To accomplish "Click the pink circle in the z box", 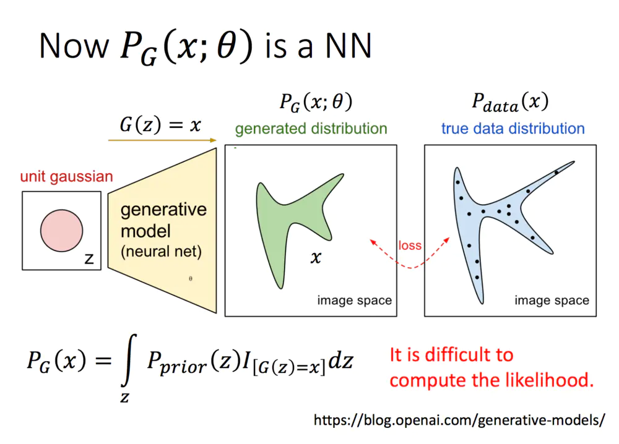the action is click(61, 231).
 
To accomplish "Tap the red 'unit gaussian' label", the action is click(66, 176).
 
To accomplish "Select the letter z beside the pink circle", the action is click(89, 258).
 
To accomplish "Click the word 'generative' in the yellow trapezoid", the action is click(163, 210).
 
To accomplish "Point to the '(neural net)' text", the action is click(161, 252).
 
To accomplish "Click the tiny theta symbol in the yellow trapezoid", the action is click(190, 278).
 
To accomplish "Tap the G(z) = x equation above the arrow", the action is click(160, 125).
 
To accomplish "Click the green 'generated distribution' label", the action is click(311, 129).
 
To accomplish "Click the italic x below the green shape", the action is click(316, 257).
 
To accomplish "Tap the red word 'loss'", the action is click(410, 245).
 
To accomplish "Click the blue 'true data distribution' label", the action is click(513, 129).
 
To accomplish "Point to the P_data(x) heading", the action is click(510, 102).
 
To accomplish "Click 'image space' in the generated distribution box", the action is click(355, 301).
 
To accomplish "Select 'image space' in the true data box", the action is click(552, 301).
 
